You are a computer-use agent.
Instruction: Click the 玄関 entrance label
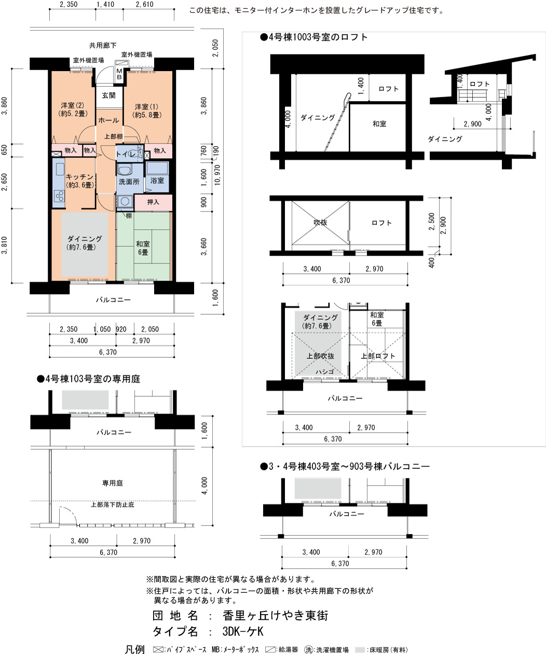[x=108, y=95]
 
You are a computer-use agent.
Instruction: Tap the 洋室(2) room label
[x=73, y=105]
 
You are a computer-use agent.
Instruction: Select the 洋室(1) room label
[x=146, y=106]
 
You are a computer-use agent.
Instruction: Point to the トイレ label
[x=126, y=154]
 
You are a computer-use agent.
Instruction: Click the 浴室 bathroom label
[x=157, y=180]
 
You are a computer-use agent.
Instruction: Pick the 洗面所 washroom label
[x=129, y=182]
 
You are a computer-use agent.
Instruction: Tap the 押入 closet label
[x=153, y=202]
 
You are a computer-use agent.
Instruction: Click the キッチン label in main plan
[x=79, y=177]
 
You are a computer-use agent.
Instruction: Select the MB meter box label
[x=119, y=74]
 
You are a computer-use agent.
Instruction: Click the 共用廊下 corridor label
[x=102, y=46]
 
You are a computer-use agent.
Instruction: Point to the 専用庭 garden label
[x=112, y=483]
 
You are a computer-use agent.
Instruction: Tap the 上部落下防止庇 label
[x=112, y=505]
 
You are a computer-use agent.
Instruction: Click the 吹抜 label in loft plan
[x=320, y=222]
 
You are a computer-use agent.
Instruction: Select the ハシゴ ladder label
[x=324, y=371]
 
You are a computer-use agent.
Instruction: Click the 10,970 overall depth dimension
[x=217, y=175]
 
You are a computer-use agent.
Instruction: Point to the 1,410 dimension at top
[x=105, y=4]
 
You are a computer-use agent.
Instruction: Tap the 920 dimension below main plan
[x=121, y=329]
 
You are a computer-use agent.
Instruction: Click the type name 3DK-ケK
[x=243, y=631]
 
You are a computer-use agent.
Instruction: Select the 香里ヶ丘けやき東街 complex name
[x=275, y=615]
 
